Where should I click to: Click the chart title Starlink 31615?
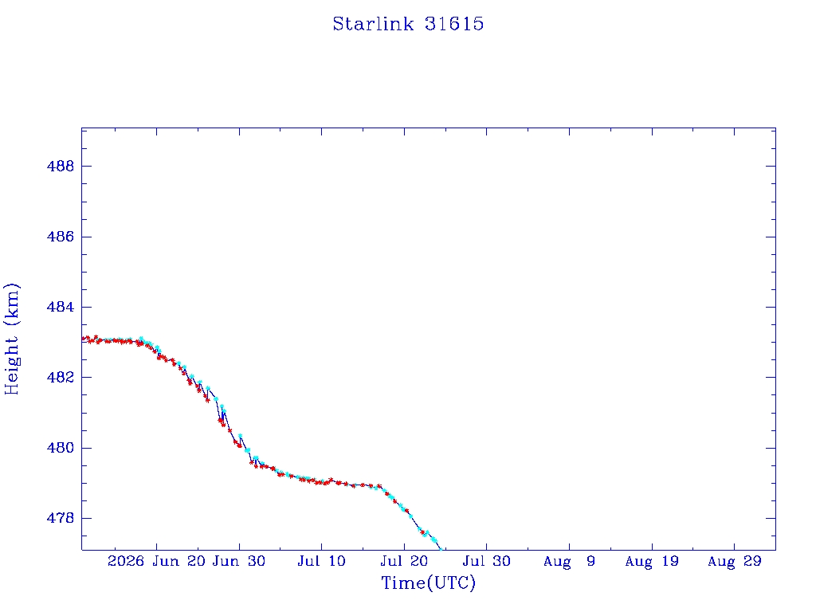[408, 24]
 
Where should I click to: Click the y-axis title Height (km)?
[12, 339]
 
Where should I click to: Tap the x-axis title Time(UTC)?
[428, 583]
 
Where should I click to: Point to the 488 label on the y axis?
[61, 166]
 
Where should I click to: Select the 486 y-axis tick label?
[61, 237]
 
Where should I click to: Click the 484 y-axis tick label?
[61, 307]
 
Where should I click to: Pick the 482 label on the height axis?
[61, 377]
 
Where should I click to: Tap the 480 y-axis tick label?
[61, 448]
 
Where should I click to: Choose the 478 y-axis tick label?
[61, 518]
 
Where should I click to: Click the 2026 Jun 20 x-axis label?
[156, 561]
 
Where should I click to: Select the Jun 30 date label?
[239, 561]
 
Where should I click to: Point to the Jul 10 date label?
[322, 561]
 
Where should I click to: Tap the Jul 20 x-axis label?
[404, 561]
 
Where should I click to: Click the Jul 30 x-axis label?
[487, 561]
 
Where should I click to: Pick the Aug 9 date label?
[569, 561]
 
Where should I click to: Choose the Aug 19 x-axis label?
[652, 561]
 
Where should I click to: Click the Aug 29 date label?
[734, 561]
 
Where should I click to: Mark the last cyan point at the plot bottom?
[441, 549]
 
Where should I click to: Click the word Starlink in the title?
[373, 24]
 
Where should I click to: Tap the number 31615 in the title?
[454, 24]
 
